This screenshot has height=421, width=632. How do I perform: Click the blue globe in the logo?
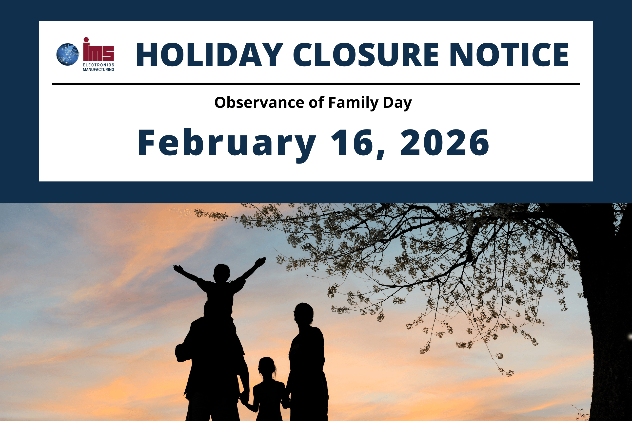[x=68, y=55]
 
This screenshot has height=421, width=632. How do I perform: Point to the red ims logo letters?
[x=98, y=49]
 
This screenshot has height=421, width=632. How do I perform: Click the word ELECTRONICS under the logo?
[x=98, y=65]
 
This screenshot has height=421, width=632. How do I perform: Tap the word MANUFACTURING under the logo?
[x=98, y=70]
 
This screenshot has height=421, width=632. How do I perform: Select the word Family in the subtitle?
[x=353, y=103]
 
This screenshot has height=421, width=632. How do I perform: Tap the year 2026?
[x=445, y=143]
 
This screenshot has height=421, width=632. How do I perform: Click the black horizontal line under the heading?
[x=316, y=84]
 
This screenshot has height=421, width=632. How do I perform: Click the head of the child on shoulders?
[x=222, y=273]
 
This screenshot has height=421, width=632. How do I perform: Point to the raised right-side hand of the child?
[x=260, y=262]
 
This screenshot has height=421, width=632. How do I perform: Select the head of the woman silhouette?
[x=304, y=314]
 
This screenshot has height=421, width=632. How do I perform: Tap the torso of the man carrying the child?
[x=212, y=357]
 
